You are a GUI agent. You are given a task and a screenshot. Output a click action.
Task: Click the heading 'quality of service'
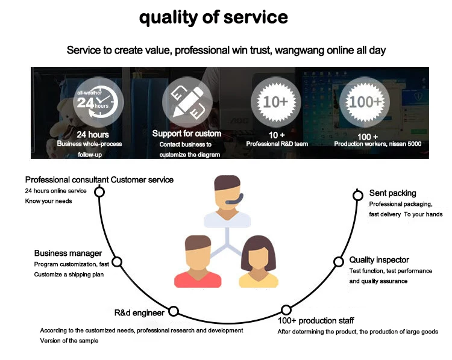click(x=214, y=17)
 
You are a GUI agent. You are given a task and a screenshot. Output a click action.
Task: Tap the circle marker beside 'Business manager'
click(x=118, y=262)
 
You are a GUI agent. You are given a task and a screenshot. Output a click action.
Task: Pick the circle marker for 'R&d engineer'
click(x=174, y=311)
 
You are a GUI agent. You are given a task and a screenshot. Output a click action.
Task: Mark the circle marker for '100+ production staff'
click(x=286, y=311)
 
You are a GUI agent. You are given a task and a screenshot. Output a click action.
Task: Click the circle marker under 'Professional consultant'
click(x=99, y=192)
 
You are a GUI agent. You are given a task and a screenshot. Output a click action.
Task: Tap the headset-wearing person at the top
click(x=227, y=201)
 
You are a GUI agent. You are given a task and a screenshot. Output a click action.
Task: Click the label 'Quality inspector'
click(x=379, y=260)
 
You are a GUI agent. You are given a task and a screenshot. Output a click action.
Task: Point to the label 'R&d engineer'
click(x=139, y=313)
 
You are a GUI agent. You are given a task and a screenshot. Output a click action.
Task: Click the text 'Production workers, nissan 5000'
click(x=377, y=144)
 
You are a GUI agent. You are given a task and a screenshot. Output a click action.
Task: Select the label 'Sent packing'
click(x=392, y=193)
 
